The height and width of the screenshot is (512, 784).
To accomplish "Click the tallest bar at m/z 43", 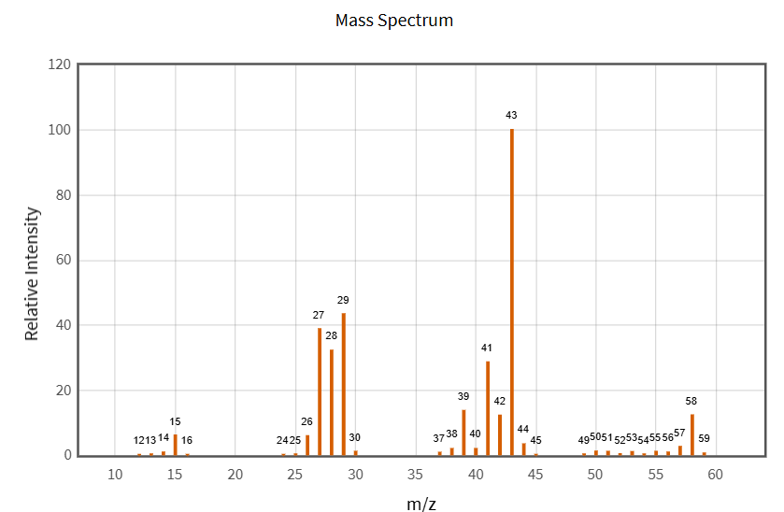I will tap(512, 292).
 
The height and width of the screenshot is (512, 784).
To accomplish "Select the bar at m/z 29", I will tap(344, 385).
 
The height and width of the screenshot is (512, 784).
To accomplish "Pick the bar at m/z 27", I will tap(320, 392).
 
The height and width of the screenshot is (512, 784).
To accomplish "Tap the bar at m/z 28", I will tap(332, 403).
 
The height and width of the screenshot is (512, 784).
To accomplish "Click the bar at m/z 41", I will tap(488, 408).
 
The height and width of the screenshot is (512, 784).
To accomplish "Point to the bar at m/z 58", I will tap(692, 435).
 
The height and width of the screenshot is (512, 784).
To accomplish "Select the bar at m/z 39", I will tap(463, 433).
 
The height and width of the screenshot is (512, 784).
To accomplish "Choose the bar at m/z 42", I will tap(500, 435).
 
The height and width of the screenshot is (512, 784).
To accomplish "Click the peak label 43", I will tap(511, 115).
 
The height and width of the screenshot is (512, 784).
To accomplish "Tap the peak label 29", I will tap(343, 300).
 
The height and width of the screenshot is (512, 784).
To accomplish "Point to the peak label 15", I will tap(175, 421).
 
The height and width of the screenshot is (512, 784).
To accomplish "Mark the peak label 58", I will tap(691, 401).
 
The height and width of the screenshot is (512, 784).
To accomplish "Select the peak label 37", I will tap(439, 438).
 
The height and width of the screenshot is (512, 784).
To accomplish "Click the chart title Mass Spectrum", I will tap(394, 20).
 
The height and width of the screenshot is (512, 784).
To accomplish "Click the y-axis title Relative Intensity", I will tap(32, 274).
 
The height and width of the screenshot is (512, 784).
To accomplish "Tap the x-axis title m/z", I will tap(421, 505).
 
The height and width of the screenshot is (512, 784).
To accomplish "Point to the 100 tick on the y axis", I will tap(59, 130).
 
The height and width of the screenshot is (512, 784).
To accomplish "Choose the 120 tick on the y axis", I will tap(59, 64).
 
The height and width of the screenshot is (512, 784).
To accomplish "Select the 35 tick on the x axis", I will tap(415, 475).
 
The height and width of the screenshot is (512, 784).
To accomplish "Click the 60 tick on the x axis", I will tap(715, 475).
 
